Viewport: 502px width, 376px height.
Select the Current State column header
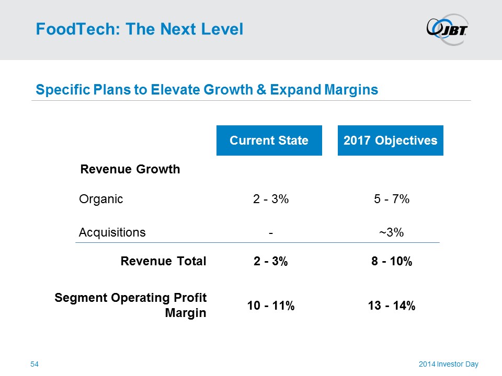pyautogui.click(x=269, y=140)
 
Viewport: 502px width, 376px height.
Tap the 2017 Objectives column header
pyautogui.click(x=390, y=140)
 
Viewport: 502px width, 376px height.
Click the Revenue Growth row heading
pyautogui.click(x=130, y=169)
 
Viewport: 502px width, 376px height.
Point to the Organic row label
pyautogui.click(x=101, y=199)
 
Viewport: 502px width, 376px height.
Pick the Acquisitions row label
pyautogui.click(x=112, y=232)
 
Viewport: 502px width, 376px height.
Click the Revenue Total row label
pyautogui.click(x=163, y=262)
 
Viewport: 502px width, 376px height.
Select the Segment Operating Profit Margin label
pyautogui.click(x=131, y=305)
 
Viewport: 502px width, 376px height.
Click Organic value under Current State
pyautogui.click(x=270, y=199)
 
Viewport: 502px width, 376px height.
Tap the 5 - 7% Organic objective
pyautogui.click(x=391, y=199)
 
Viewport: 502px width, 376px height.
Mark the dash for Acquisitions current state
pyautogui.click(x=270, y=233)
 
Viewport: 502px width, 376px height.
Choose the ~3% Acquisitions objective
pyautogui.click(x=391, y=232)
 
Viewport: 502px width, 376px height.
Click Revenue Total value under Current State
pyautogui.click(x=270, y=262)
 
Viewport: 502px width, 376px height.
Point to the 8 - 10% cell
pyautogui.click(x=391, y=262)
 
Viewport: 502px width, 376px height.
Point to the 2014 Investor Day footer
pyautogui.click(x=448, y=363)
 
